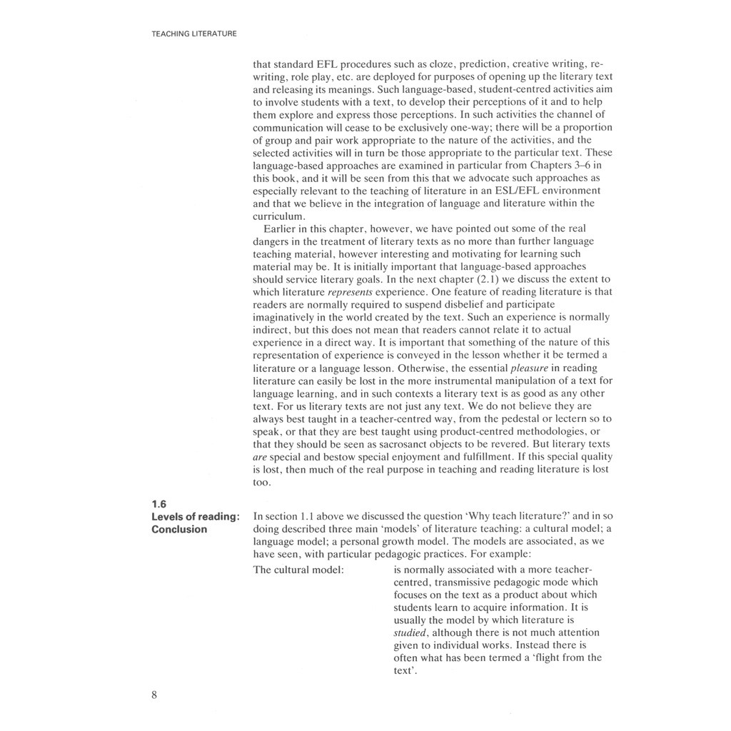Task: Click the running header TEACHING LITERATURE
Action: (x=193, y=34)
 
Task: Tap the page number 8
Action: (x=154, y=696)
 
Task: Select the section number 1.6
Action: (x=159, y=503)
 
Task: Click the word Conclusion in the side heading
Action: (x=179, y=529)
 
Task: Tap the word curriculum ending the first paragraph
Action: (x=280, y=216)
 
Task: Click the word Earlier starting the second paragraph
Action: (x=281, y=229)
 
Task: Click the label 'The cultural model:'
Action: (x=299, y=570)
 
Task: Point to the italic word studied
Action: (x=410, y=632)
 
